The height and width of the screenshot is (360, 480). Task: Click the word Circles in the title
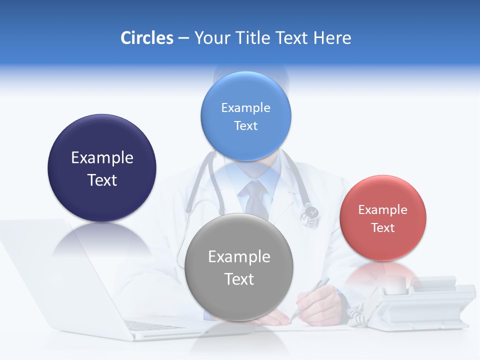[x=147, y=38]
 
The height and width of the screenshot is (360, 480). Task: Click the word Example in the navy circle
[x=102, y=158]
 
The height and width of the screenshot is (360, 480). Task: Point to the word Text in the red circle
[x=383, y=228]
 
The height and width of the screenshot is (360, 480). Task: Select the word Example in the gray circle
[x=239, y=257]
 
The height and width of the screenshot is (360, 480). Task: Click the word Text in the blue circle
[x=245, y=126]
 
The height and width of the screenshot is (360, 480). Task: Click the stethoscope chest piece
[x=310, y=214]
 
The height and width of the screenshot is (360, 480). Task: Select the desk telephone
[x=425, y=305]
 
